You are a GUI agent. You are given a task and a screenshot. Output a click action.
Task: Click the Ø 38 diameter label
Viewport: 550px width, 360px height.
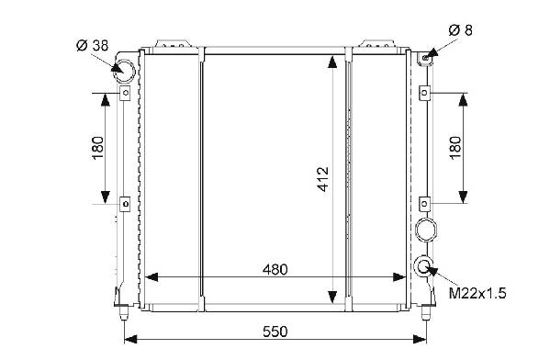pos(92,46)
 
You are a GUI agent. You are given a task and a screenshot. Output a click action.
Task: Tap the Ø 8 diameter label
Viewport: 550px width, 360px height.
pos(461,30)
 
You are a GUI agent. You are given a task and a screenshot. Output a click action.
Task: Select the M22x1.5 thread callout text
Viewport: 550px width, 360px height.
pos(477,293)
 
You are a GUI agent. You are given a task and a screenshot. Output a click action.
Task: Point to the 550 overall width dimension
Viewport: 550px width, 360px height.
pos(275,332)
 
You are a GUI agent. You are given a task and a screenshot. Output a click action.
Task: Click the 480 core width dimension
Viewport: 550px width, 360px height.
pos(275,269)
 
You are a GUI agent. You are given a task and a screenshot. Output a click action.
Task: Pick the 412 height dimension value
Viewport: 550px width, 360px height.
pos(323,179)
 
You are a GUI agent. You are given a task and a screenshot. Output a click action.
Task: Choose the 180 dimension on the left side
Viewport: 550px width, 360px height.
pos(98,147)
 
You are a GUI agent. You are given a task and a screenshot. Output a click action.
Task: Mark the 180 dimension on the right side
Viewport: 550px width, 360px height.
pos(455,148)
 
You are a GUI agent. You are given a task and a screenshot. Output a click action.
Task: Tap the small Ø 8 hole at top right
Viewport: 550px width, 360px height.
pos(425,58)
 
